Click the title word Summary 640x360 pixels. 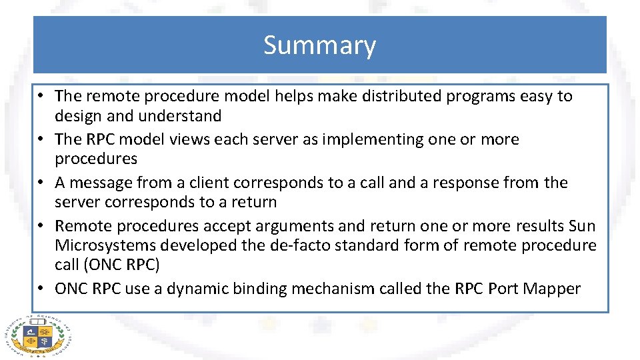[x=319, y=45]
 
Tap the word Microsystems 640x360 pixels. [x=107, y=245]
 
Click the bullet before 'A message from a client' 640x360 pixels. [x=41, y=183]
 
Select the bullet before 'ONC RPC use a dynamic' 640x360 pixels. [x=41, y=289]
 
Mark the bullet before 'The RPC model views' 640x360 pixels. [x=41, y=139]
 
